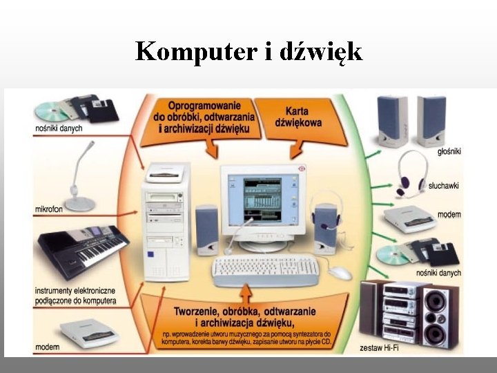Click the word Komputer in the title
(x=195, y=51)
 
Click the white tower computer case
(x=165, y=221)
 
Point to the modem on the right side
(x=409, y=218)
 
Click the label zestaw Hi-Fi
(x=379, y=347)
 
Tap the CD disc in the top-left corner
(x=51, y=111)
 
